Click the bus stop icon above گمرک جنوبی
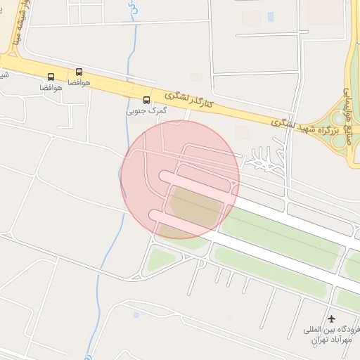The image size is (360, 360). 146,100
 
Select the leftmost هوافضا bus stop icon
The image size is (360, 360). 51,77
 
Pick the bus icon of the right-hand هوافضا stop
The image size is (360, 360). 78,72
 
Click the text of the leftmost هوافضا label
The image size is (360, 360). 51,88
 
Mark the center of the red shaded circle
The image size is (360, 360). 180,179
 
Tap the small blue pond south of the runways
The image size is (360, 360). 136,314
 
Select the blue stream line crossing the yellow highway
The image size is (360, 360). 128,84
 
